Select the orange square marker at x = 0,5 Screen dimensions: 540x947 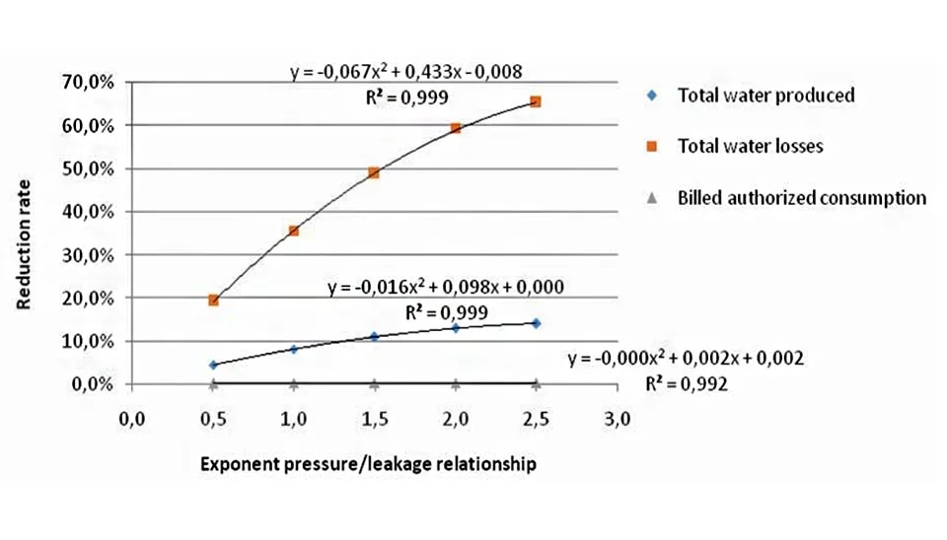[x=213, y=300]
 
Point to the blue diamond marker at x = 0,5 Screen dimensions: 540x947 [x=213, y=365]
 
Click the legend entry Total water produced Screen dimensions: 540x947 [x=765, y=96]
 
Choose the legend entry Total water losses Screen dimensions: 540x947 [x=750, y=146]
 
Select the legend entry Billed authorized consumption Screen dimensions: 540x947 [x=801, y=197]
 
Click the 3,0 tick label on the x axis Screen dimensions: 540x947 [x=617, y=420]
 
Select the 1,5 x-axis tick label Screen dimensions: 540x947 [x=374, y=420]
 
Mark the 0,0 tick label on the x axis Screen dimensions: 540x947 [x=132, y=420]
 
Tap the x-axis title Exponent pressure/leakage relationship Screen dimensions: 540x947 [x=369, y=464]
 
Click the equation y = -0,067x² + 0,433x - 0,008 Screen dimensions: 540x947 [x=405, y=71]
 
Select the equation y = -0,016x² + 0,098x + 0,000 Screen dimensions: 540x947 [x=446, y=287]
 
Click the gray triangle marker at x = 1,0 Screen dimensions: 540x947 [x=294, y=382]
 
